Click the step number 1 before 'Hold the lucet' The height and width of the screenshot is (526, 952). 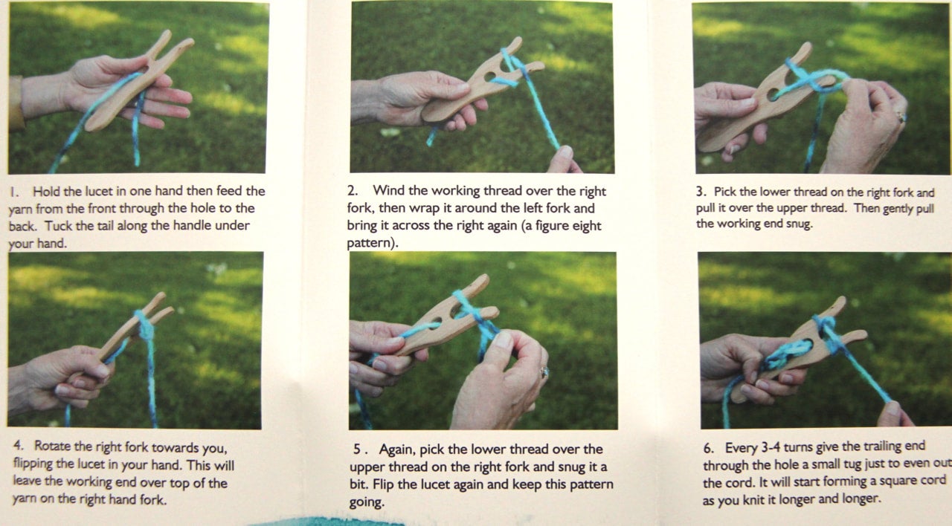[x=13, y=192]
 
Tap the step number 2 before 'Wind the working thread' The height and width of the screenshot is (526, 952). [x=353, y=191]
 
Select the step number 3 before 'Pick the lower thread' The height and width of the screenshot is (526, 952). [x=701, y=192]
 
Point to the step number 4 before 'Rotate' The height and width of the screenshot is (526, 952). [x=19, y=445]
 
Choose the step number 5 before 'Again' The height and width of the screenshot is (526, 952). [x=359, y=449]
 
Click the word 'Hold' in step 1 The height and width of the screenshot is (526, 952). [x=46, y=192]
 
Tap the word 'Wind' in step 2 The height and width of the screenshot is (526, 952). [x=387, y=191]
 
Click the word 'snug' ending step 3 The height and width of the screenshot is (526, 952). [x=799, y=224]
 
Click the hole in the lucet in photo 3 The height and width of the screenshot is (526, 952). [x=773, y=94]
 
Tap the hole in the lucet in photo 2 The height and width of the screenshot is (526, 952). [x=489, y=77]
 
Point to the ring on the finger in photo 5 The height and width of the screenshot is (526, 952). [x=544, y=372]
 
